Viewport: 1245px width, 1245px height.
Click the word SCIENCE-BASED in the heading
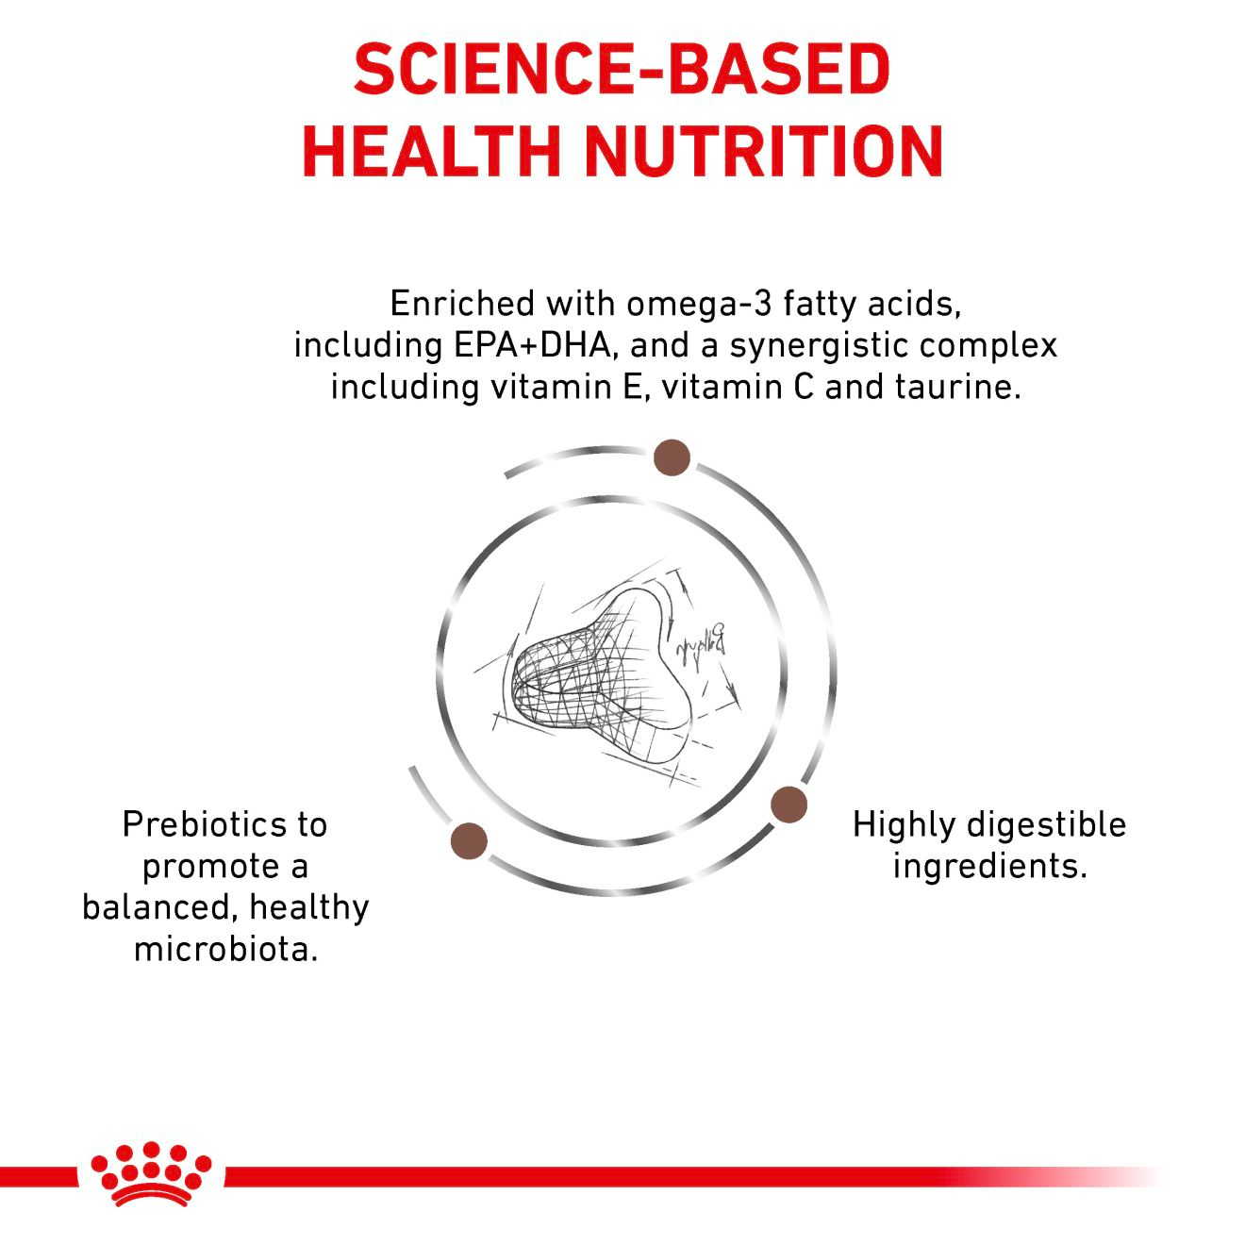tap(622, 70)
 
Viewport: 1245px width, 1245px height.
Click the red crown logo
tap(151, 1173)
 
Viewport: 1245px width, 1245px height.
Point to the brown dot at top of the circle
tap(672, 457)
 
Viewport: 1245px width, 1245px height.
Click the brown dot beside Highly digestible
tap(788, 805)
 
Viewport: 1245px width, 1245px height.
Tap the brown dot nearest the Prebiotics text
tap(469, 840)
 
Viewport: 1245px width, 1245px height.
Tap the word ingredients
tap(989, 866)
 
